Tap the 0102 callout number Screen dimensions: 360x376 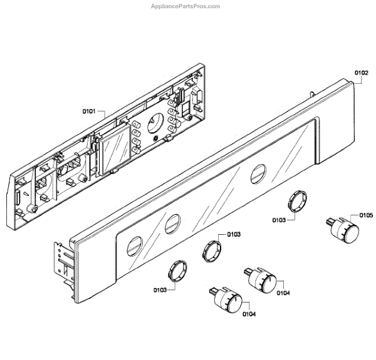(x=362, y=73)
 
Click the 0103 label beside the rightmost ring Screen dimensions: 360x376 (x=280, y=220)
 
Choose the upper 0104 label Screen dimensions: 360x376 (x=283, y=292)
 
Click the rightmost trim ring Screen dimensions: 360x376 (x=296, y=203)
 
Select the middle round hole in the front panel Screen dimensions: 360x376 (x=171, y=224)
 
